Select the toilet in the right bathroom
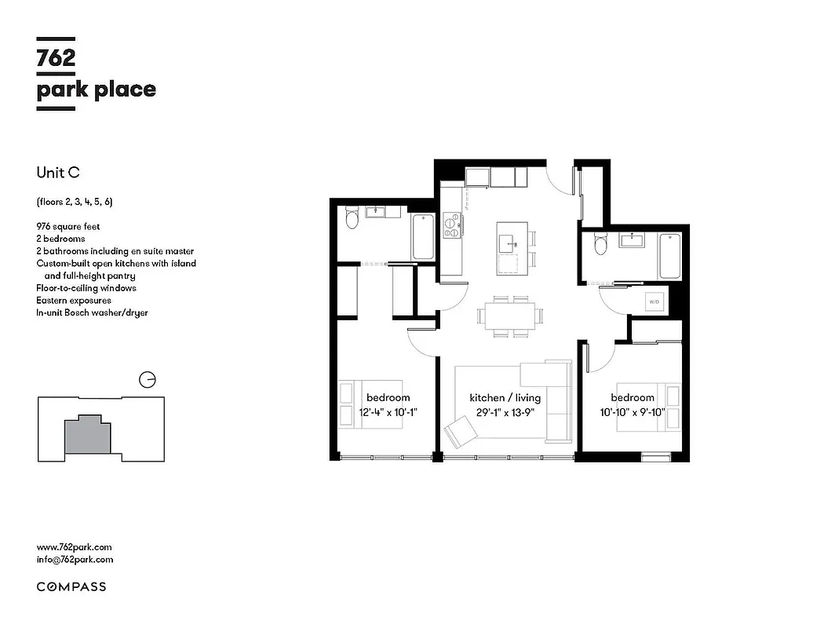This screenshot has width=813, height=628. tap(601, 245)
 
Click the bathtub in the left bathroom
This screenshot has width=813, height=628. tap(422, 236)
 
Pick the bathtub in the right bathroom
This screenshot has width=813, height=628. tap(669, 256)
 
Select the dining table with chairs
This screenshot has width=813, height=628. tap(509, 316)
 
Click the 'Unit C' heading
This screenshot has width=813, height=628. tap(58, 172)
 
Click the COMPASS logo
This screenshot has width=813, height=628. tap(71, 586)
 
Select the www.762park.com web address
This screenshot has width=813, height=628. tap(75, 547)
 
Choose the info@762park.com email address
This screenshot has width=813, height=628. tap(75, 560)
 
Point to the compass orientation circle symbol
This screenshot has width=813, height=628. tap(146, 380)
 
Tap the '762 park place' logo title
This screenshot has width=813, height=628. tap(96, 74)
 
